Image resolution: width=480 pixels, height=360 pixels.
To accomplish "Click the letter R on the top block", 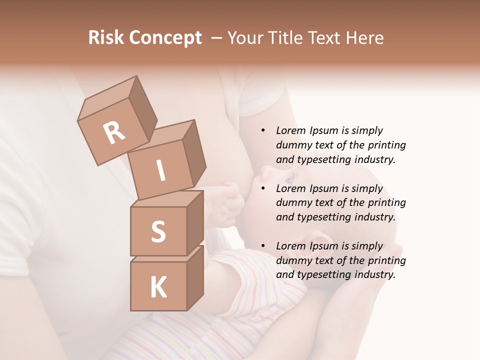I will [x=114, y=133].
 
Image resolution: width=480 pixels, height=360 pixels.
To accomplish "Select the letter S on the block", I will [x=158, y=232].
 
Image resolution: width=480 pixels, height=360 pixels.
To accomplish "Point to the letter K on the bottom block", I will [x=158, y=287].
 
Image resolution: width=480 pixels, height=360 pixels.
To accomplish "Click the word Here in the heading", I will [x=366, y=38].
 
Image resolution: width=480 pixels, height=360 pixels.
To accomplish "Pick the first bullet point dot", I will [x=263, y=131].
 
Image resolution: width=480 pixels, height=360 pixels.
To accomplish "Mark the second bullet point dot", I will [x=263, y=189].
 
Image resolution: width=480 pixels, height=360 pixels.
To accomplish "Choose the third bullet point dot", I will [x=263, y=246].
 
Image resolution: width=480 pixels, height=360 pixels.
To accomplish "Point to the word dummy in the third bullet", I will [x=291, y=260].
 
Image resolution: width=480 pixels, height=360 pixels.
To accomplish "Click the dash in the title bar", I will [x=216, y=38].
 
